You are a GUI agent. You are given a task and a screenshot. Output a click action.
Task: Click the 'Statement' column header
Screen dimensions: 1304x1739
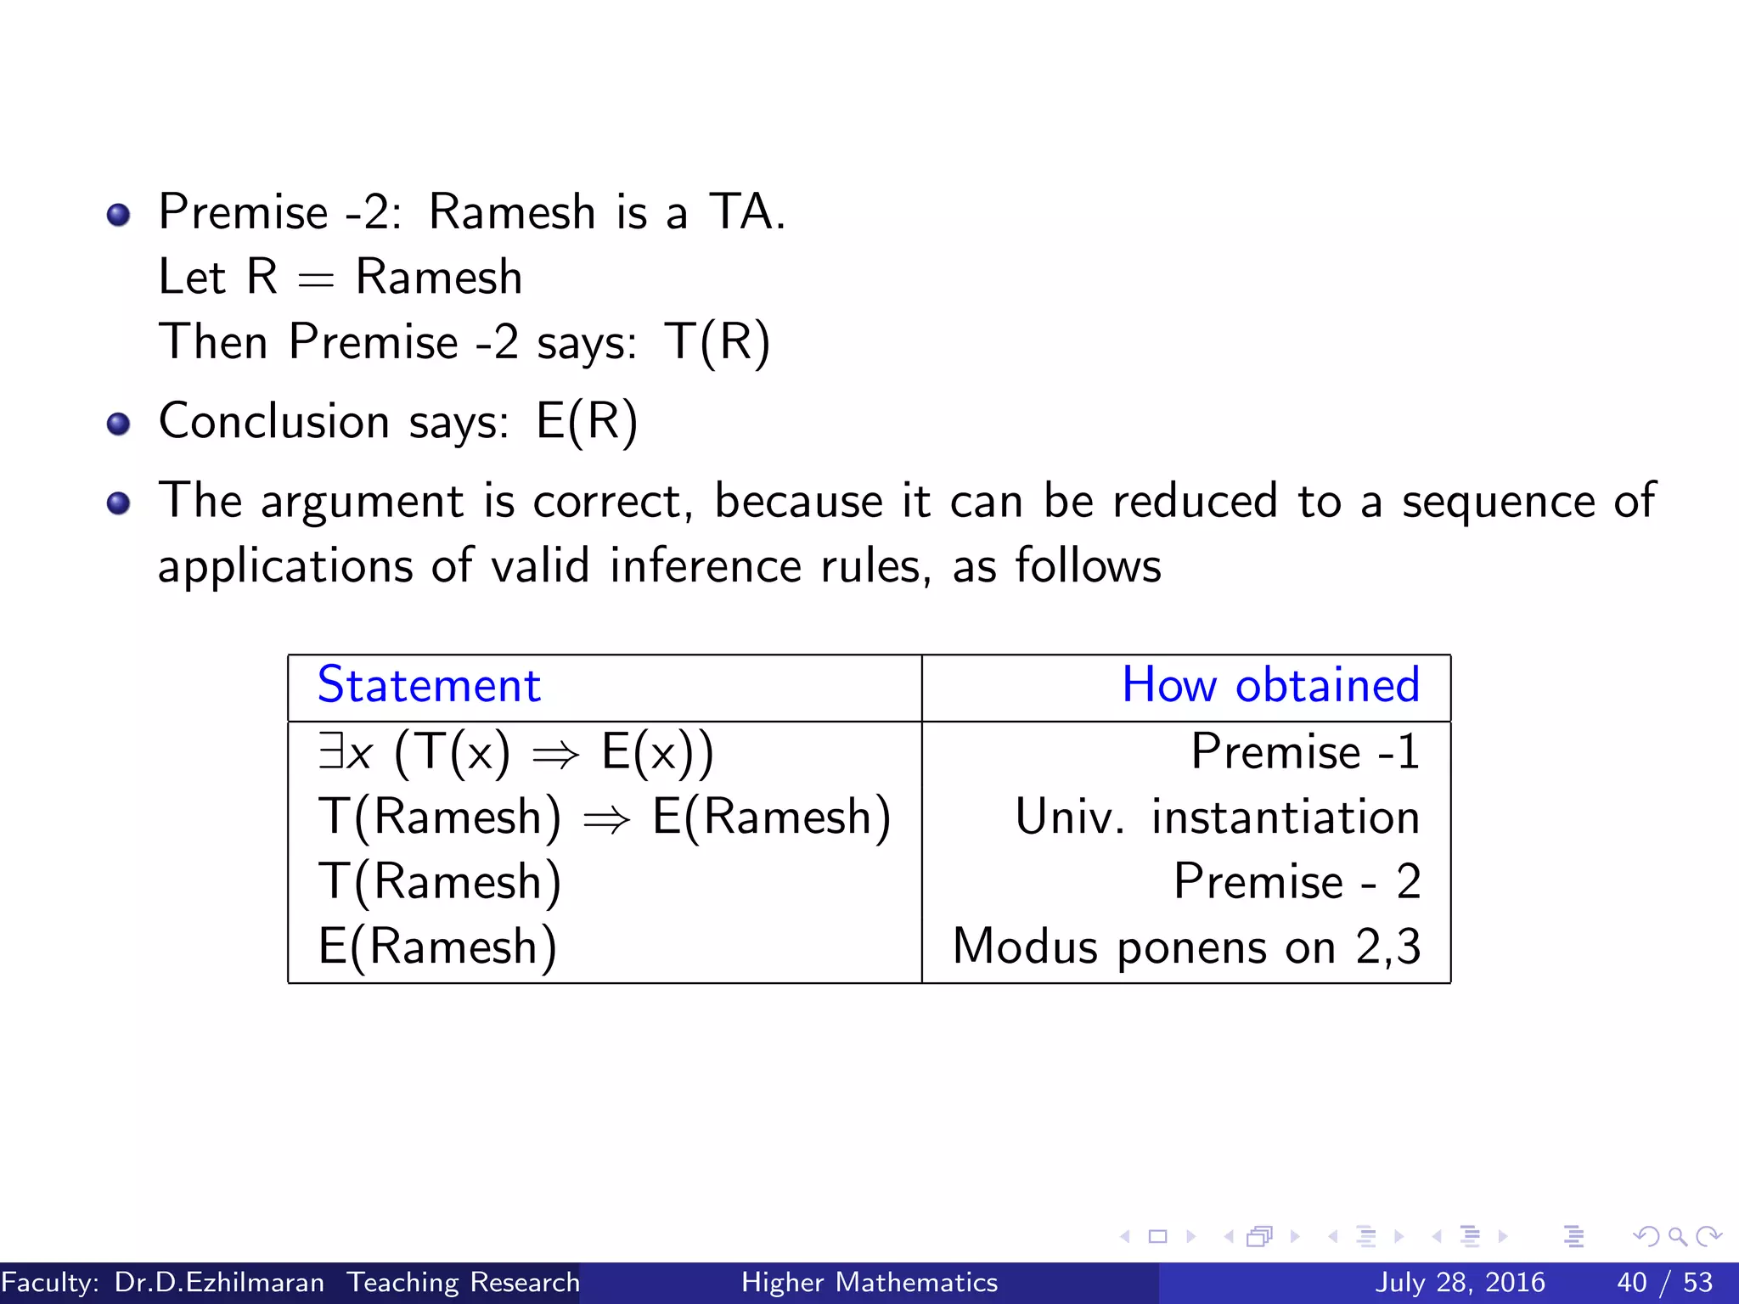coord(429,685)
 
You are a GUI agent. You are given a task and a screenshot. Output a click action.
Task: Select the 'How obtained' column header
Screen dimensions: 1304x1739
coord(1270,685)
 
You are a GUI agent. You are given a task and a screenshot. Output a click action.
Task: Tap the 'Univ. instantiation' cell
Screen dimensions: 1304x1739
coord(1217,817)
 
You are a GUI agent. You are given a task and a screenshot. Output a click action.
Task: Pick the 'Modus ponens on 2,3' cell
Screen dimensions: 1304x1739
coord(1186,947)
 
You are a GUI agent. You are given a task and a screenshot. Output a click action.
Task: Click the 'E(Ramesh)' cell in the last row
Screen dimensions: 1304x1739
coord(438,947)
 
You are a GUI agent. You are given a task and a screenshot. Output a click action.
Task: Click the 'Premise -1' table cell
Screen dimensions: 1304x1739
coord(1305,751)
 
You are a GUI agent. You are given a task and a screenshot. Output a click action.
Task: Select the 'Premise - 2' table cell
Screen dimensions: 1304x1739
coord(1297,881)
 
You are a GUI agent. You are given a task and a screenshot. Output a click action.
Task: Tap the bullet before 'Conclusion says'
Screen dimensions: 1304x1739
coord(119,423)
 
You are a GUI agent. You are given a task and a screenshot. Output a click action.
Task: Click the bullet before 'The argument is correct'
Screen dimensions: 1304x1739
coord(119,503)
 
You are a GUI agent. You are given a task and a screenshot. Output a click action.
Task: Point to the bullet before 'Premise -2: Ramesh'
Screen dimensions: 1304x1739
coord(119,214)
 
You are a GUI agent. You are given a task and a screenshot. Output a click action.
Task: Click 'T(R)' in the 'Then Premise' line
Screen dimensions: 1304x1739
coord(718,343)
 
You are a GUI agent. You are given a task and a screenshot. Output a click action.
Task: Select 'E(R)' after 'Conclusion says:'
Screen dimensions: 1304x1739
coord(587,422)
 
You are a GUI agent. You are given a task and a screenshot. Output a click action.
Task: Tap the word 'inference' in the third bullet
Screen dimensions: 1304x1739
coord(706,566)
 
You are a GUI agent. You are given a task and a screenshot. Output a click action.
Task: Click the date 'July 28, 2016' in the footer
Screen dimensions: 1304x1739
coord(1460,1282)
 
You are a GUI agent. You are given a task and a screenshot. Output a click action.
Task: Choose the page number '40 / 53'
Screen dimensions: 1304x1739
coord(1664,1282)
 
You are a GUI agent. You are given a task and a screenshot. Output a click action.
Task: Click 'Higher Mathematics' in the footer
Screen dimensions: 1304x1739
coord(869,1282)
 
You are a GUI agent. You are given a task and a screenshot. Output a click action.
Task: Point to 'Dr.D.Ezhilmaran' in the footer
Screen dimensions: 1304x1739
coord(219,1282)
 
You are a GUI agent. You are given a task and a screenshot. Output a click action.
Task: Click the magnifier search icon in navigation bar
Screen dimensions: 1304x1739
coord(1677,1236)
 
